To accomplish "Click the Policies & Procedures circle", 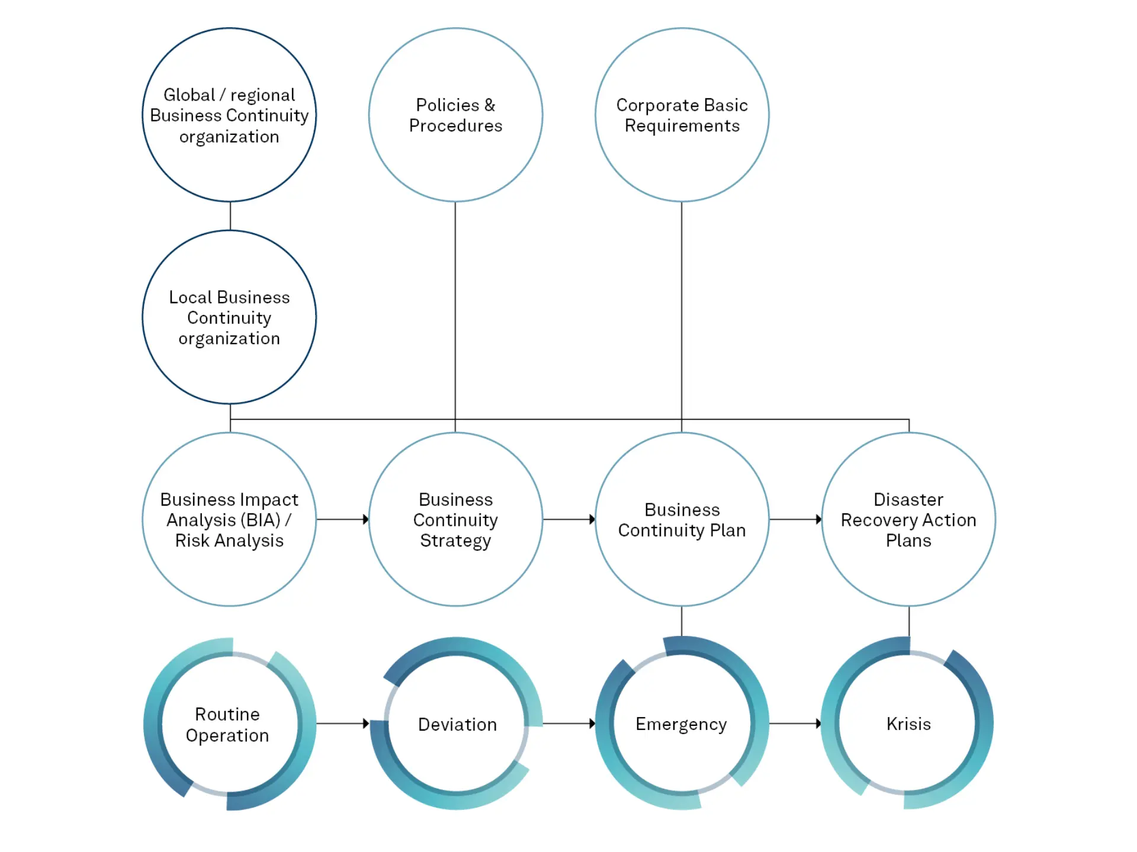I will tap(455, 115).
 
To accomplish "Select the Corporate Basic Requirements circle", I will tap(682, 115).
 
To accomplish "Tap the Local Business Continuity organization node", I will tap(229, 317).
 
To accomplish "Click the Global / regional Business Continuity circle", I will tap(229, 115).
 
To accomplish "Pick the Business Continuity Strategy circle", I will tap(455, 519).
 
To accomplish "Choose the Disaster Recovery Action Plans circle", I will tap(908, 519).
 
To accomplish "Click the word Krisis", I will tap(908, 724).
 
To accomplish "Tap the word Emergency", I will tap(681, 724).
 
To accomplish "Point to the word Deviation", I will tap(457, 724).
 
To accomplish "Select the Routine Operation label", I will tap(227, 724).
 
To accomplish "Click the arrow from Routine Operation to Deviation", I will tap(342, 723).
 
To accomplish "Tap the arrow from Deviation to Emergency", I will tap(568, 723).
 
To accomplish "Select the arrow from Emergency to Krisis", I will tap(795, 723).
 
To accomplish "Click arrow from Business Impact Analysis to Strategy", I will tap(342, 519).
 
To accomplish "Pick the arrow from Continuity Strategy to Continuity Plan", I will tap(568, 519).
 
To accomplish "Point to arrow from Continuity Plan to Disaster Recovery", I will tap(795, 519).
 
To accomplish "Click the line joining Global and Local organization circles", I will tap(230, 216).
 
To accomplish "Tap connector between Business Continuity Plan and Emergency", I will tap(682, 621).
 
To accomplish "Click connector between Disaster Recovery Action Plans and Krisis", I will tap(909, 621).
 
